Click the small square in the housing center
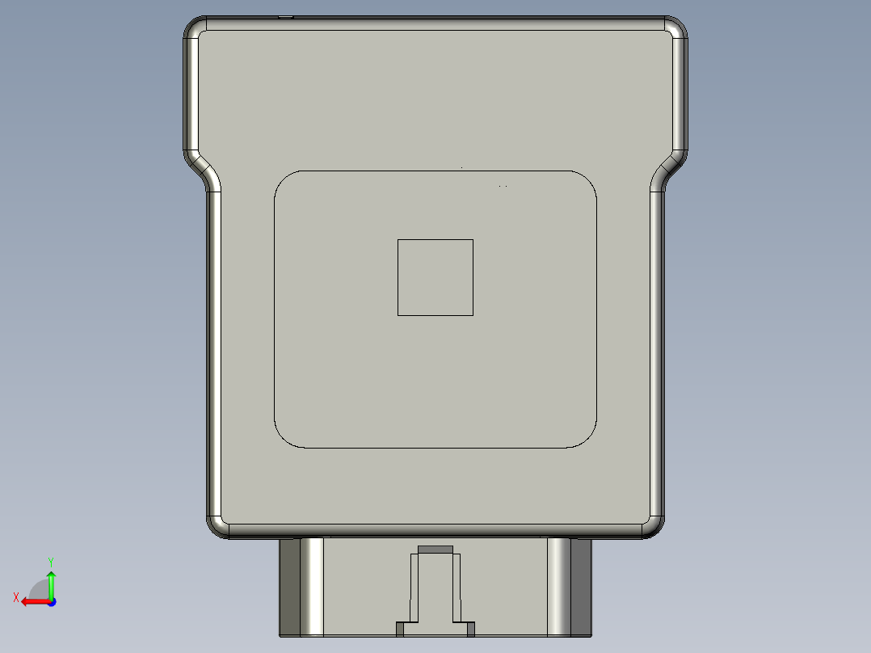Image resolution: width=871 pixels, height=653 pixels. pos(435,277)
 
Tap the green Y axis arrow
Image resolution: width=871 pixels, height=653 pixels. pos(51,583)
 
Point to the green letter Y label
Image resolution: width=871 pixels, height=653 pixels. pos(50,561)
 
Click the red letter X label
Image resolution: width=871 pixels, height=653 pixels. pos(16,597)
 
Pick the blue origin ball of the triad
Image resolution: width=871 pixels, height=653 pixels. pos(51,601)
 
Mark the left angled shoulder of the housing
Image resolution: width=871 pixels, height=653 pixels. pos(203,169)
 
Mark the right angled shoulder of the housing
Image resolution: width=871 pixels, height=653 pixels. pos(668,169)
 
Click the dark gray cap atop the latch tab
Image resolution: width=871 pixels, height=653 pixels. pos(435,550)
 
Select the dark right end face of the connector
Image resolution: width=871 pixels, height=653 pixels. pos(581,587)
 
